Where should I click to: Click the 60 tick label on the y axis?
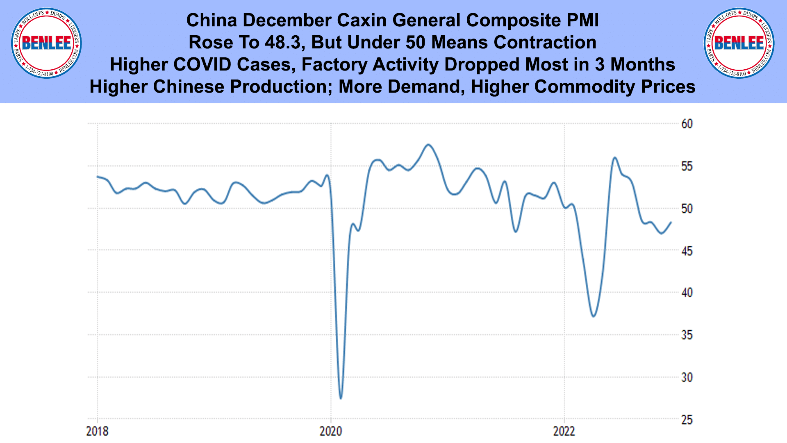coord(687,124)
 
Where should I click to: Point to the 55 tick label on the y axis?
coord(687,166)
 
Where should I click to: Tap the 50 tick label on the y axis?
coord(687,209)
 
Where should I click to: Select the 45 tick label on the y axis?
coord(687,251)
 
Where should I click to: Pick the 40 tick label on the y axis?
coord(687,293)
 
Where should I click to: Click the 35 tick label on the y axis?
coord(687,335)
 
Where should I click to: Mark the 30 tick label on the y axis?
coord(687,377)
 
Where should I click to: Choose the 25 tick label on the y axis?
coord(687,420)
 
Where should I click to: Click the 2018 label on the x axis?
coord(97,431)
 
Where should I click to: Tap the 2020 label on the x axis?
coord(331,431)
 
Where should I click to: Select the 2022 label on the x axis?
coord(564,431)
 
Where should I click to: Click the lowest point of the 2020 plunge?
coord(341,398)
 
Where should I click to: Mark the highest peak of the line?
coord(428,144)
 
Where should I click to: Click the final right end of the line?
coord(671,222)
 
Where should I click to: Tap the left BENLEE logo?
coord(46,43)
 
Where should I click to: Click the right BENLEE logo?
coord(739,43)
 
